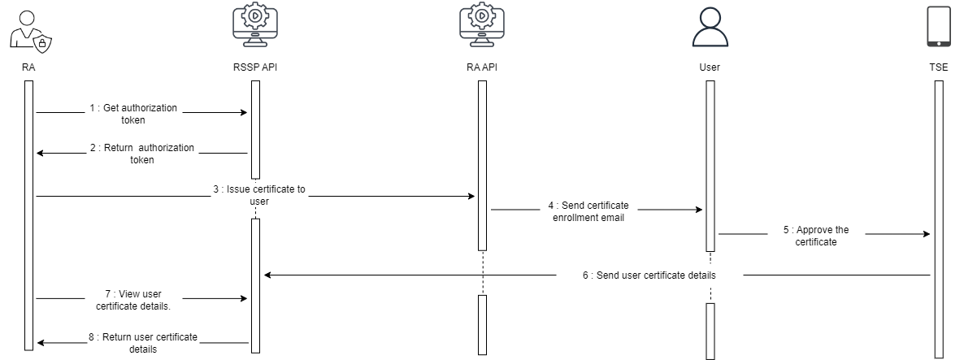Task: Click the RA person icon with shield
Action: tap(28, 32)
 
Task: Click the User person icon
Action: tap(709, 28)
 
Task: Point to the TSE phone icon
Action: tap(939, 26)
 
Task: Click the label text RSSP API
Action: tap(255, 67)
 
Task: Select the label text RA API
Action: tap(481, 67)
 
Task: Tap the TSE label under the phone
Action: tap(939, 67)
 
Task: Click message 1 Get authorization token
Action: tap(133, 114)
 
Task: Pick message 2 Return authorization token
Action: tap(143, 154)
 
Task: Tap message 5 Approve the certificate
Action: tap(815, 236)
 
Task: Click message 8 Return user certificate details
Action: tap(142, 343)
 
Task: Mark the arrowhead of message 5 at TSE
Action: tap(927, 234)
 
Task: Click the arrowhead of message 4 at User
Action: tap(698, 210)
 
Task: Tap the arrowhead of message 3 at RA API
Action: tap(471, 196)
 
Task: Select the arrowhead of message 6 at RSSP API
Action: tap(268, 275)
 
